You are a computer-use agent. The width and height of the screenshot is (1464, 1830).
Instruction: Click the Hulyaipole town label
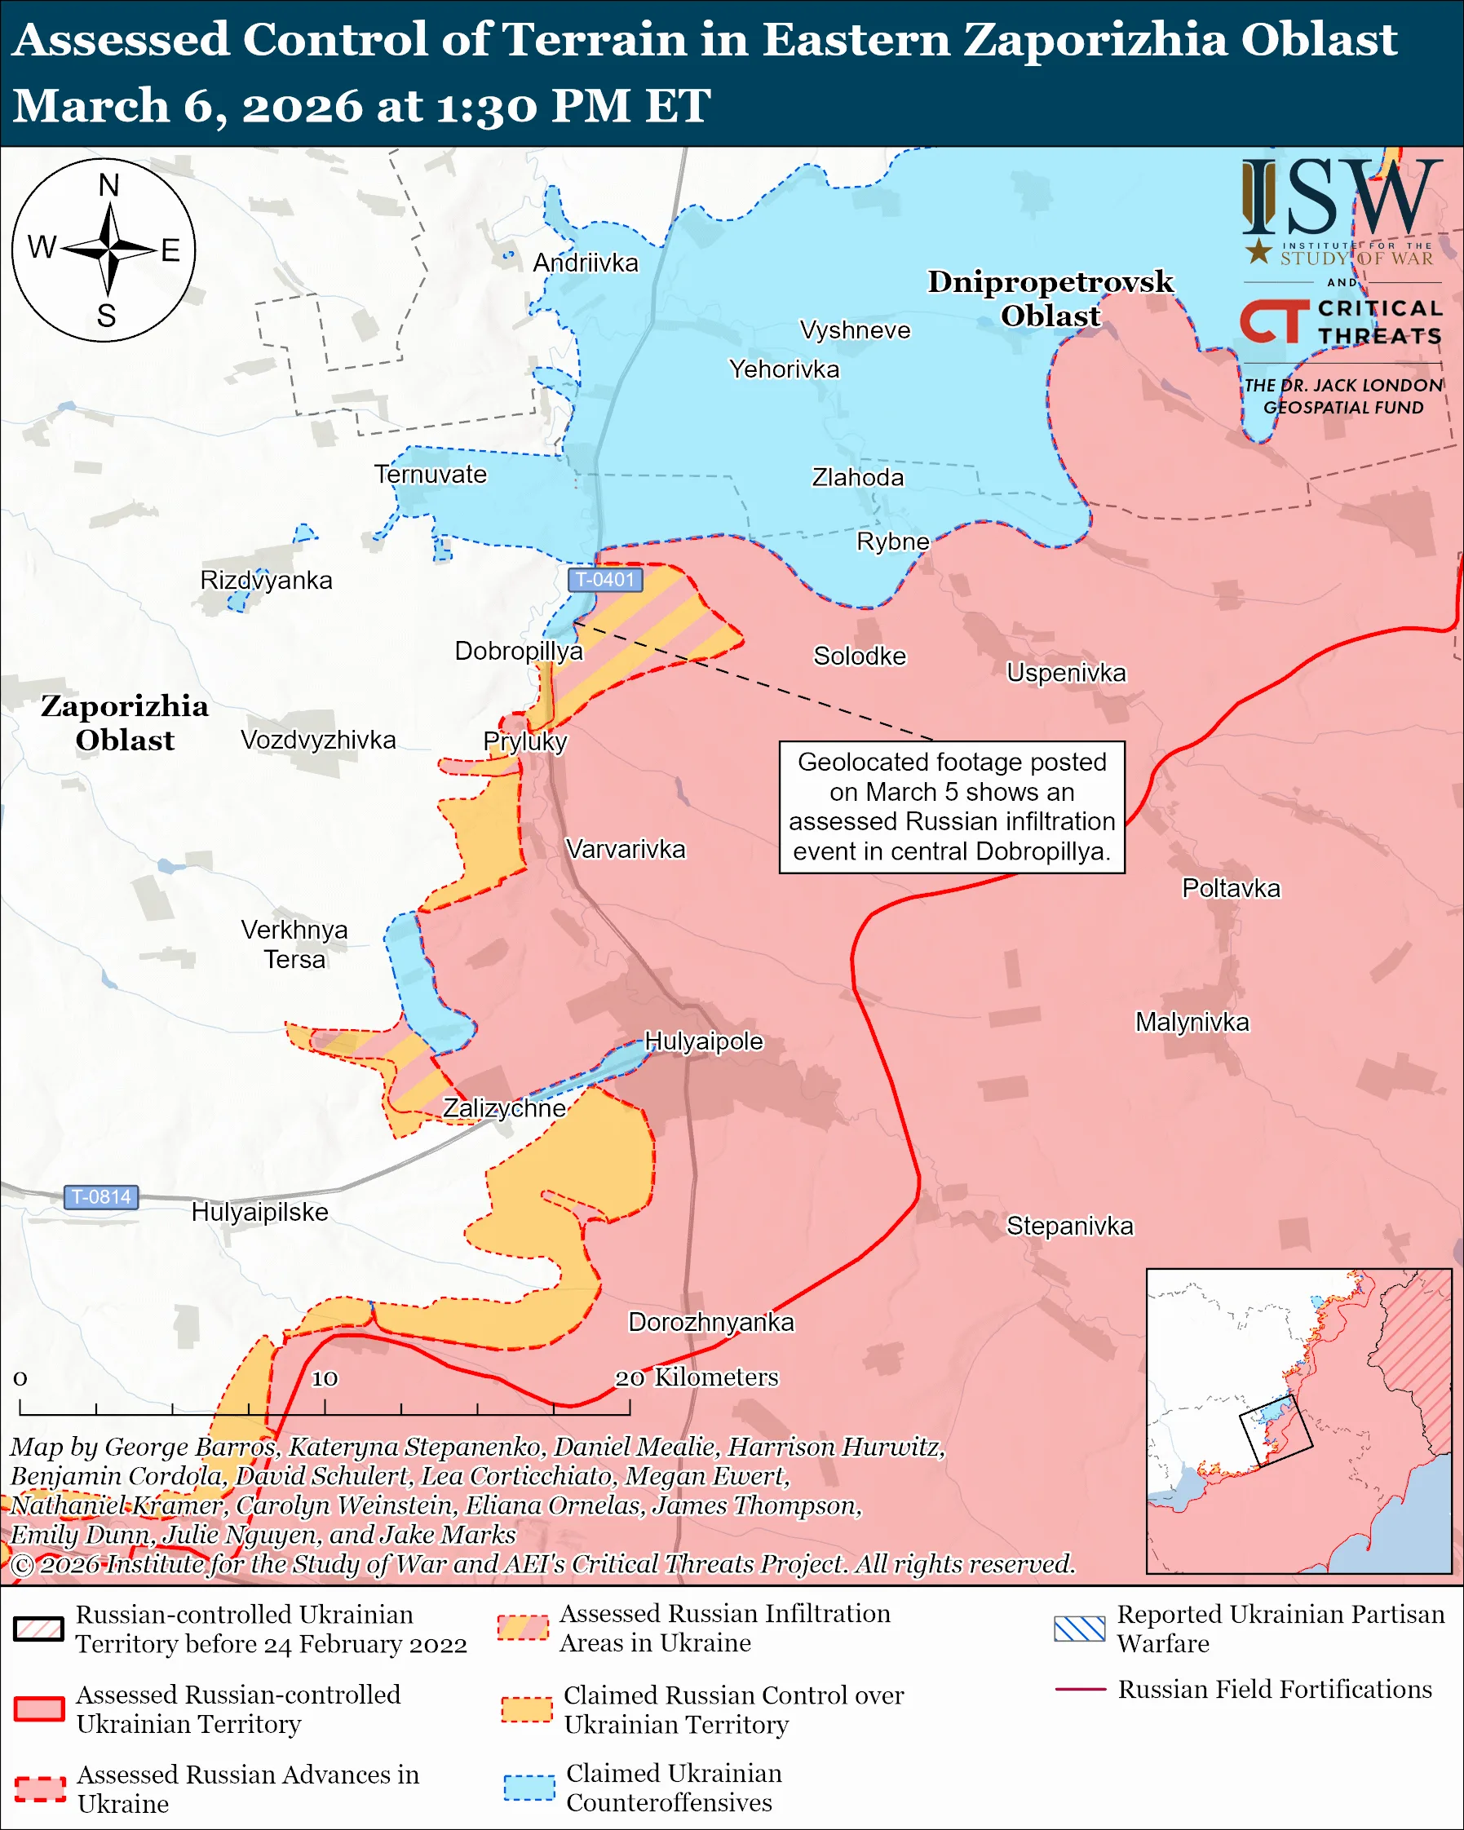tap(704, 1041)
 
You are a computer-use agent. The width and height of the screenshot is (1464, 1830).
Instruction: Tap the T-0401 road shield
tap(604, 580)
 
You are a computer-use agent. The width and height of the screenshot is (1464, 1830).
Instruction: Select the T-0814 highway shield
tap(101, 1197)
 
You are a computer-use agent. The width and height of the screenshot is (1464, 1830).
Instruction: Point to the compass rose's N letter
tap(108, 185)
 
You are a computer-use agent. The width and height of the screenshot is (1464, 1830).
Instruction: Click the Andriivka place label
tap(585, 263)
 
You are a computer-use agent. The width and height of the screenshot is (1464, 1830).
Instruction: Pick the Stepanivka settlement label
tap(1069, 1226)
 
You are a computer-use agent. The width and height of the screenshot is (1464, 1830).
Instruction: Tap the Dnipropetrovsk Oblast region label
tap(1050, 298)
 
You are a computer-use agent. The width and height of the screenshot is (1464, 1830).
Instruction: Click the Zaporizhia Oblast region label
tap(125, 723)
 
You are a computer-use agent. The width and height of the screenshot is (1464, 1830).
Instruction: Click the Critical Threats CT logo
tap(1274, 321)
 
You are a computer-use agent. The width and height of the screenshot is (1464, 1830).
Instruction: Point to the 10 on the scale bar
tap(325, 1377)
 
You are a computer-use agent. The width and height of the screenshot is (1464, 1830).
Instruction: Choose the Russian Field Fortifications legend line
tap(1080, 1689)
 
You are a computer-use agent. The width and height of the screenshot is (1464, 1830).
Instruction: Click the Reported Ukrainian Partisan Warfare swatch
tap(1079, 1629)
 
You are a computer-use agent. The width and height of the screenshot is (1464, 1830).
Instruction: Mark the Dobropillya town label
tap(519, 651)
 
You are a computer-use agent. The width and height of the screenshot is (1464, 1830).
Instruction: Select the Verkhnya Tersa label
tap(294, 944)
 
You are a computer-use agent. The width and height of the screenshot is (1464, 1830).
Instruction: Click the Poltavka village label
tap(1231, 888)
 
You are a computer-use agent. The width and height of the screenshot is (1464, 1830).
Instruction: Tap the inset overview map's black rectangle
tap(1276, 1431)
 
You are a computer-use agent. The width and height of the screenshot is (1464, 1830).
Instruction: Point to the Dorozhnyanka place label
tap(710, 1322)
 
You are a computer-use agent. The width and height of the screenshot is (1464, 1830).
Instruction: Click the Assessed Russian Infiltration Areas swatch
tap(522, 1627)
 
